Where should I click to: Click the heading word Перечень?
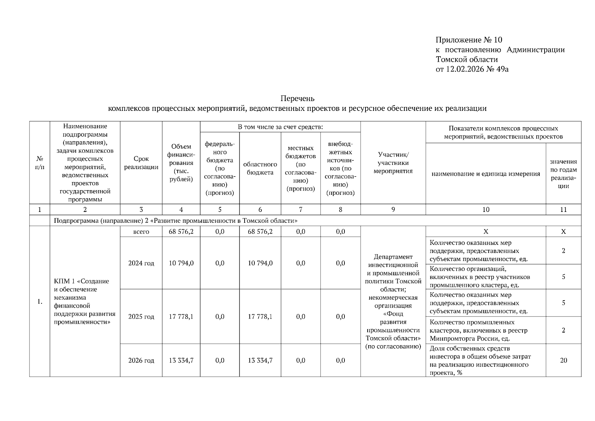297,98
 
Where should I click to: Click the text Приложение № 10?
469,40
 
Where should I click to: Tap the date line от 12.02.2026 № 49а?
472,69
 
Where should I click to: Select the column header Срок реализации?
141,163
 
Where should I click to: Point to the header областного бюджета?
260,168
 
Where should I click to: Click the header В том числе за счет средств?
280,127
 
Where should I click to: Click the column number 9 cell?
393,209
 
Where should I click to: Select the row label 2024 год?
141,263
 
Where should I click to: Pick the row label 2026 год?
141,360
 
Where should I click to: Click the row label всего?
141,232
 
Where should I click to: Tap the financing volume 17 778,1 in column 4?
181,316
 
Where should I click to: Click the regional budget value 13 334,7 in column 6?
260,360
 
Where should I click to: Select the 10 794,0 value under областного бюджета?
260,263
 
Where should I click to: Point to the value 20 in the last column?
563,360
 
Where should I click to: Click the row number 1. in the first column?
40,302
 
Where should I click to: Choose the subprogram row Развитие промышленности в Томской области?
176,221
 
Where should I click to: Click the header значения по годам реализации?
563,174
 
